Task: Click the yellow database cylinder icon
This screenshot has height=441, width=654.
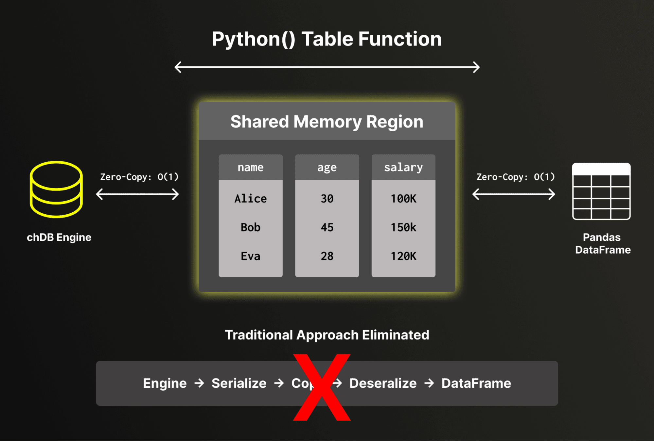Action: (56, 189)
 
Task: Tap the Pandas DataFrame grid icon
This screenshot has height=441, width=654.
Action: (601, 191)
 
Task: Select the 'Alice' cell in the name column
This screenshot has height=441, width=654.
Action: (250, 199)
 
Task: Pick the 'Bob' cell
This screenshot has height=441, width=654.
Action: (250, 227)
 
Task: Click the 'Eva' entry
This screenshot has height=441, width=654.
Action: (250, 256)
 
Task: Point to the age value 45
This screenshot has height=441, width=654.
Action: (327, 227)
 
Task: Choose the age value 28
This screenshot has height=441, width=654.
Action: (327, 256)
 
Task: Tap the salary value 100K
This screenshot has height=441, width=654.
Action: (403, 199)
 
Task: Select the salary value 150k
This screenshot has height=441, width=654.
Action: (403, 227)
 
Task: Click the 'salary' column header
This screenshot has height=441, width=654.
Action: (403, 167)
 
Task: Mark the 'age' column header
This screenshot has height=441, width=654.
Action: (327, 167)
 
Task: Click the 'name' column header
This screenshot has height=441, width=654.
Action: (250, 167)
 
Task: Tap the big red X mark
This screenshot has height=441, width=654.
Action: (322, 387)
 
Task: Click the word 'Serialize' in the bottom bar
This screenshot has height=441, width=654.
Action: (239, 383)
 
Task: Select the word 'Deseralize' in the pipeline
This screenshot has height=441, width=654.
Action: (383, 383)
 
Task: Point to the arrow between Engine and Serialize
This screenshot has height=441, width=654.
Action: (199, 383)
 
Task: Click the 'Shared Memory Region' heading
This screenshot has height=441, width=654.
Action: (327, 122)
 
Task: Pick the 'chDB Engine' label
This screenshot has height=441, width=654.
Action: (59, 237)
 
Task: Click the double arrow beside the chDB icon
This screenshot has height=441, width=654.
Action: (137, 194)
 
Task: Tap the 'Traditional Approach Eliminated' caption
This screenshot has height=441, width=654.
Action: (327, 335)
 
